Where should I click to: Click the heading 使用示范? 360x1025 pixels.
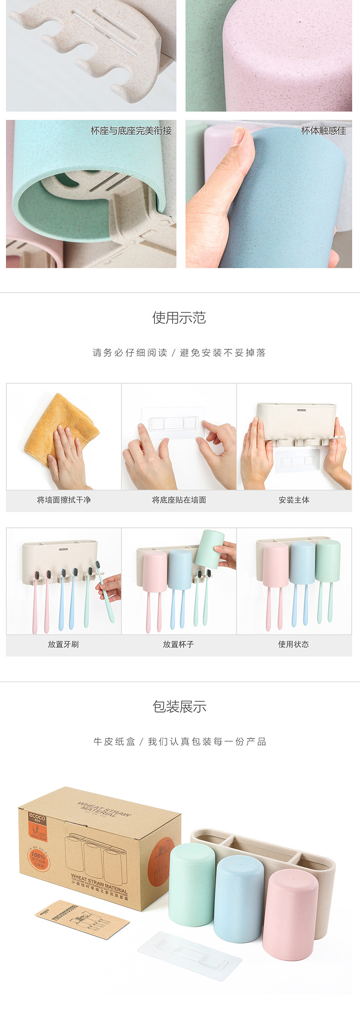179,318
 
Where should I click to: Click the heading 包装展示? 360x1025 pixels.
179,707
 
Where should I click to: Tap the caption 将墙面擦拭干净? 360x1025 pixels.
64,500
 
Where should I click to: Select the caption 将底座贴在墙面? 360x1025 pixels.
179,500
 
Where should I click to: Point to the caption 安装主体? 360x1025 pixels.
294,500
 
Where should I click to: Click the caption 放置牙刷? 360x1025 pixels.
63,644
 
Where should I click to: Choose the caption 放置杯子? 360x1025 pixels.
178,644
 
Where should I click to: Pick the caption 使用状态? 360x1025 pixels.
293,644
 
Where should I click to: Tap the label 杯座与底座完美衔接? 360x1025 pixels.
131,131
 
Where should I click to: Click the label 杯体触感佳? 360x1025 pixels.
324,131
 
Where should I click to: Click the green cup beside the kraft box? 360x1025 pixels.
191,888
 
